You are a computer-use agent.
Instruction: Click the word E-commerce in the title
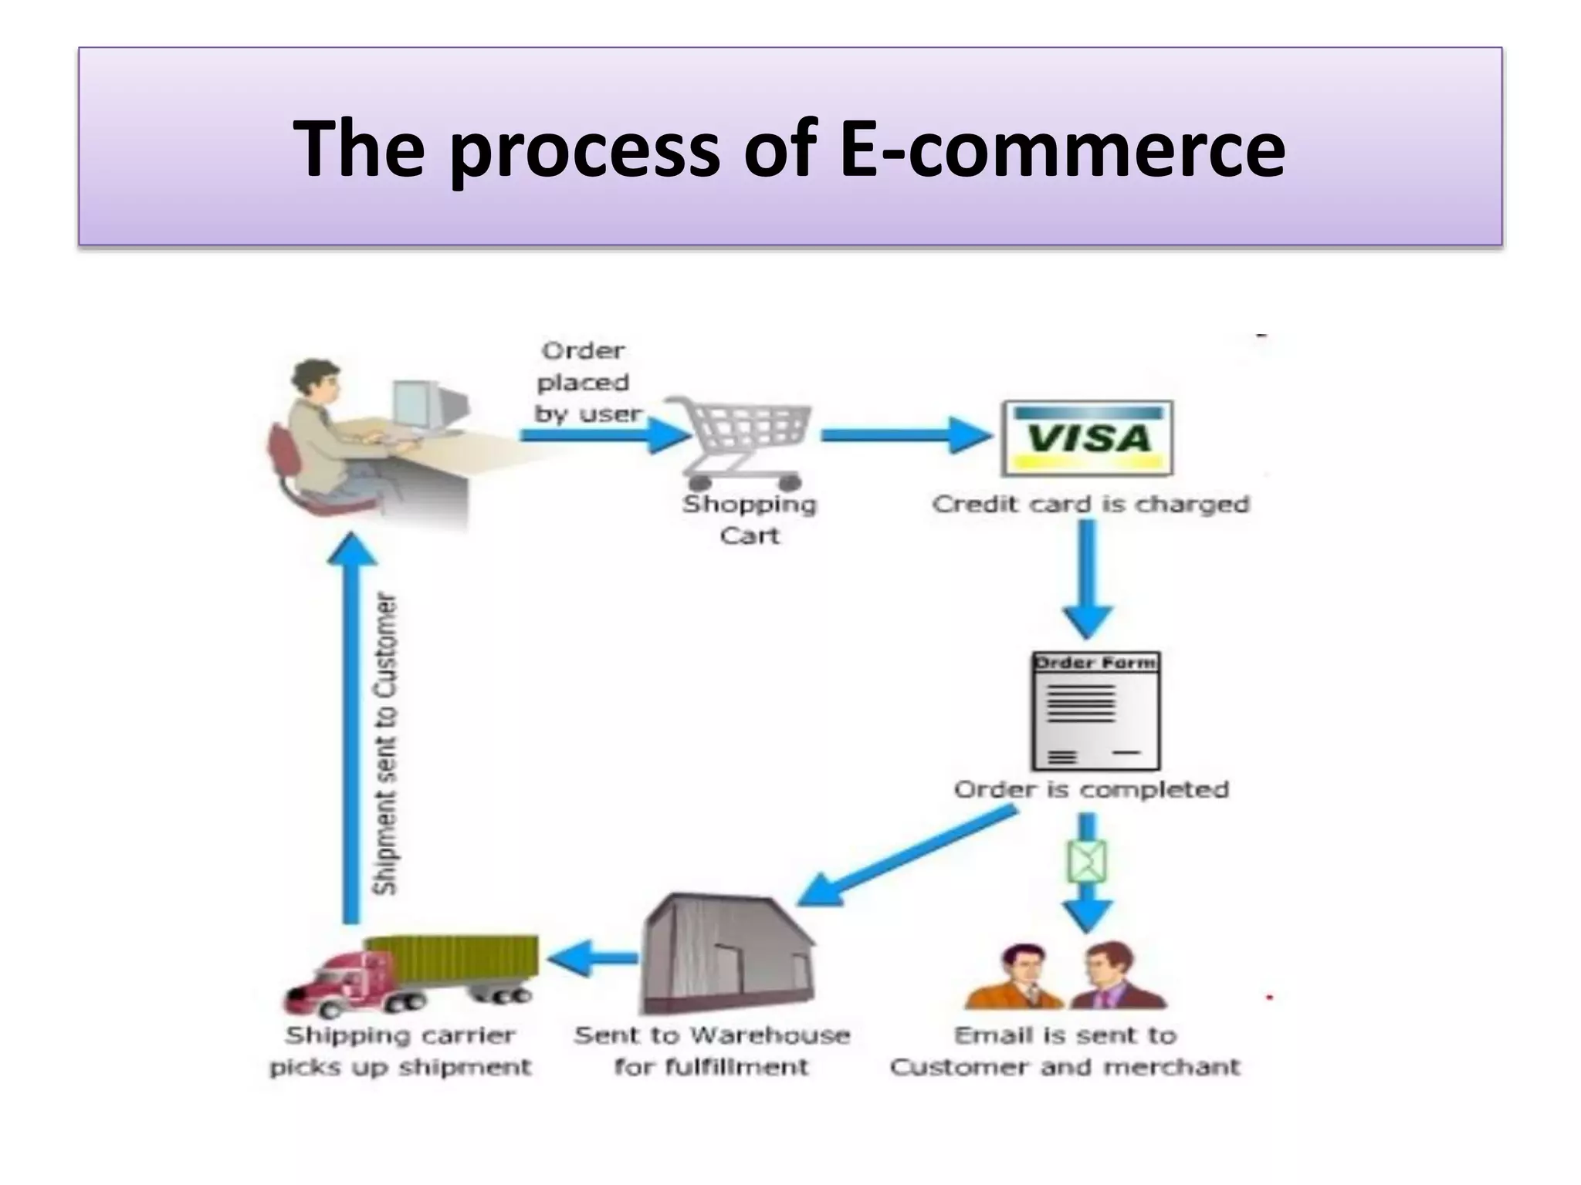[1061, 148]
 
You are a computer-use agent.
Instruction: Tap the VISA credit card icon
[1087, 437]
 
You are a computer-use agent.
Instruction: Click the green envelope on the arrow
[1087, 861]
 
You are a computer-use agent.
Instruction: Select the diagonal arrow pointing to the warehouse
[907, 855]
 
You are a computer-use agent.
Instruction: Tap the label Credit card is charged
[1090, 504]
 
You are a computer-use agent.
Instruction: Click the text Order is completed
[1091, 789]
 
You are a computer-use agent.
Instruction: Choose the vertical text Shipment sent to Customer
[386, 744]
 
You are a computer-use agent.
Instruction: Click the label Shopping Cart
[749, 519]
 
